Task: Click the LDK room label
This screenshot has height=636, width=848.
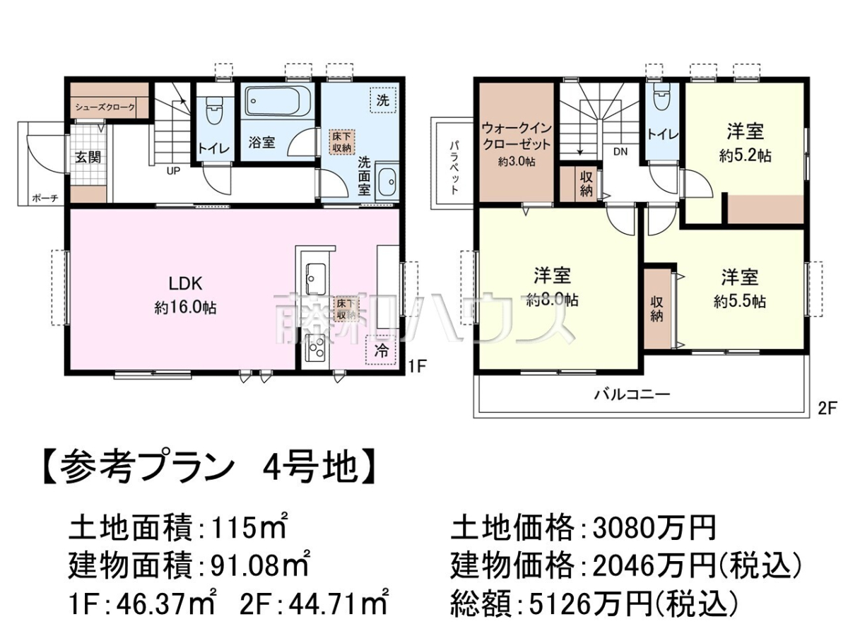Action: [x=185, y=284]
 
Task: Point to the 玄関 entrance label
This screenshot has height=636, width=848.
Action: [x=88, y=157]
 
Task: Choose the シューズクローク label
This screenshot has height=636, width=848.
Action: [x=105, y=107]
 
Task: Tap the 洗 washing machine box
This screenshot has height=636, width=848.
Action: [x=382, y=100]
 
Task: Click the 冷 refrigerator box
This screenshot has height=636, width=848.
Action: [x=381, y=351]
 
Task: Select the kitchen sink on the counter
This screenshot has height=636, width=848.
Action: [x=316, y=278]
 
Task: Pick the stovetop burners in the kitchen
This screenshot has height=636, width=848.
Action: [x=316, y=348]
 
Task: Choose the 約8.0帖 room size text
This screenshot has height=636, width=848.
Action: [x=552, y=300]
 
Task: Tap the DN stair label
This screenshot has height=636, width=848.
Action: [x=620, y=152]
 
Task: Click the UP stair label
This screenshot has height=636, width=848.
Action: [x=173, y=171]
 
